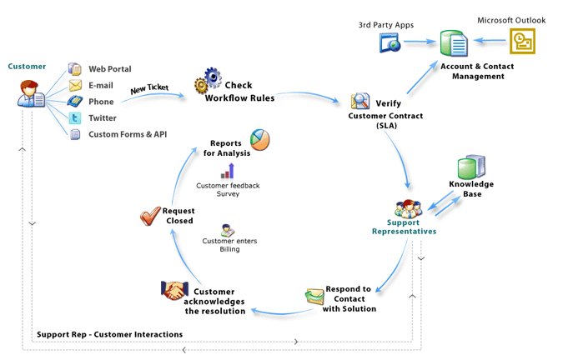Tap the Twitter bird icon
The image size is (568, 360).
[x=75, y=117]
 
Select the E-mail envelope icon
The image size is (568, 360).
[x=75, y=85]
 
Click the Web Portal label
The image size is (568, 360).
[x=110, y=69]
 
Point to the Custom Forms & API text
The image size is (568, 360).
[x=122, y=133]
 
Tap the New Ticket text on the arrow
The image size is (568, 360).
[x=150, y=87]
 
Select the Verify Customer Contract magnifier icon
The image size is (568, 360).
[x=361, y=102]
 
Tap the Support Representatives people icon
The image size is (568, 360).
[x=407, y=208]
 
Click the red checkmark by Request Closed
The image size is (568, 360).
[x=151, y=217]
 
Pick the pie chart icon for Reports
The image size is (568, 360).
[x=260, y=138]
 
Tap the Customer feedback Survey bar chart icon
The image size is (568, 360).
[x=227, y=171]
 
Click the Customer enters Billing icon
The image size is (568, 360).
[x=227, y=230]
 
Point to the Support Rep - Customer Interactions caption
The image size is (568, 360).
[x=109, y=334]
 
